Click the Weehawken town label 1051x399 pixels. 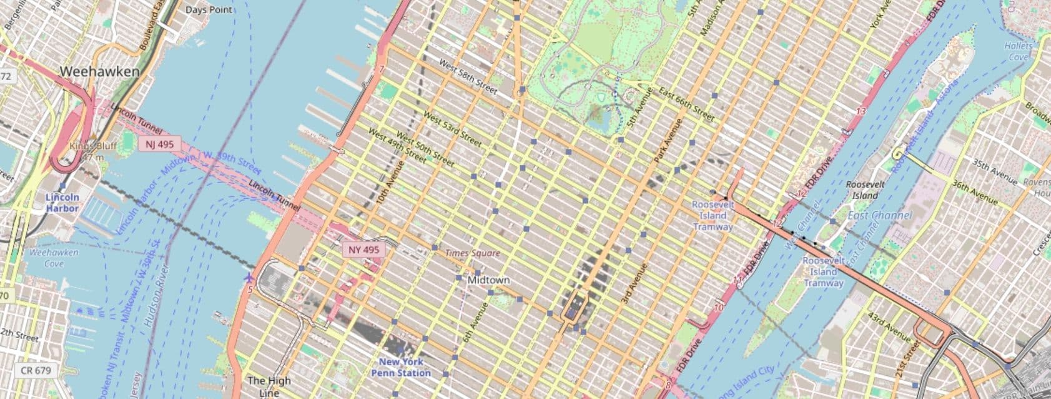coord(99,72)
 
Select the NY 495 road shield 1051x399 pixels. coord(363,250)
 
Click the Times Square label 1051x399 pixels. coord(472,253)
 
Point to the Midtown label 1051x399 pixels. coord(488,280)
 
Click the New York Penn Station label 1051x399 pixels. coord(401,367)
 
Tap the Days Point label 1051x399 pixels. coord(209,9)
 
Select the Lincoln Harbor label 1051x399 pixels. coord(62,203)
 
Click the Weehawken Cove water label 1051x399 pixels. coord(54,258)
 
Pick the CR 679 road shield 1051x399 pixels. coord(36,370)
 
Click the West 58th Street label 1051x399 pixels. coord(468,78)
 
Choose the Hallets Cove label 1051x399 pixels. coord(1018,51)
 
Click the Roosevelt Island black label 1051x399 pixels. coord(865,189)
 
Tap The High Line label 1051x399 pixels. coord(269,386)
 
